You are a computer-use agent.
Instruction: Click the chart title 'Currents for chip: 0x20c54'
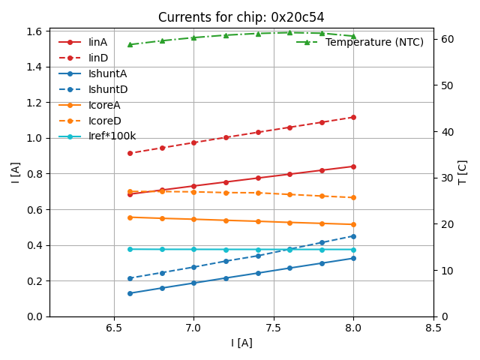(241, 17)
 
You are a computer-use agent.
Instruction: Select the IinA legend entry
(97, 42)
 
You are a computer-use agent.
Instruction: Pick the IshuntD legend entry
(107, 89)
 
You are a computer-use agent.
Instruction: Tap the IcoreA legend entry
(104, 105)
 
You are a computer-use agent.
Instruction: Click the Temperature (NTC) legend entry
(374, 42)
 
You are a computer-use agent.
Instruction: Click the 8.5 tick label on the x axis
(433, 328)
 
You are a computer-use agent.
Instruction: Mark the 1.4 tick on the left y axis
(34, 67)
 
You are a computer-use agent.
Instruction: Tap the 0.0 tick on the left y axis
(34, 316)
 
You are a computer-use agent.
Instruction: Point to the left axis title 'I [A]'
(16, 172)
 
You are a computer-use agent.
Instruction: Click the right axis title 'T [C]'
(463, 172)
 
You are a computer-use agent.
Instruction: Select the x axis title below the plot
(241, 343)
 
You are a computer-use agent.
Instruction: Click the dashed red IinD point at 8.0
(353, 117)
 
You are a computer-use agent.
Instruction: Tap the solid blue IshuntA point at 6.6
(130, 293)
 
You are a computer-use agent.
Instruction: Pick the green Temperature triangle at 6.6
(130, 44)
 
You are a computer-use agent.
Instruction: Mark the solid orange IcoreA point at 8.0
(353, 224)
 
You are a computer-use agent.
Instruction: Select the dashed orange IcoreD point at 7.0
(193, 192)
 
